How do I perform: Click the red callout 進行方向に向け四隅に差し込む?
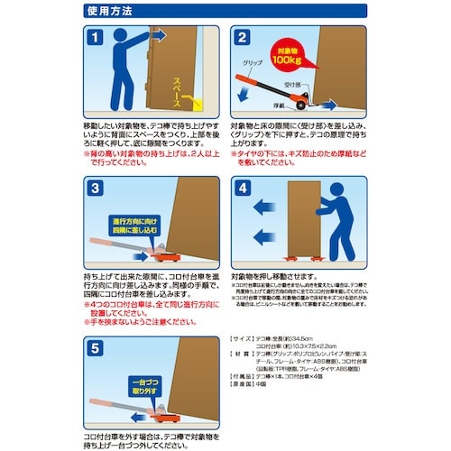(134, 225)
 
